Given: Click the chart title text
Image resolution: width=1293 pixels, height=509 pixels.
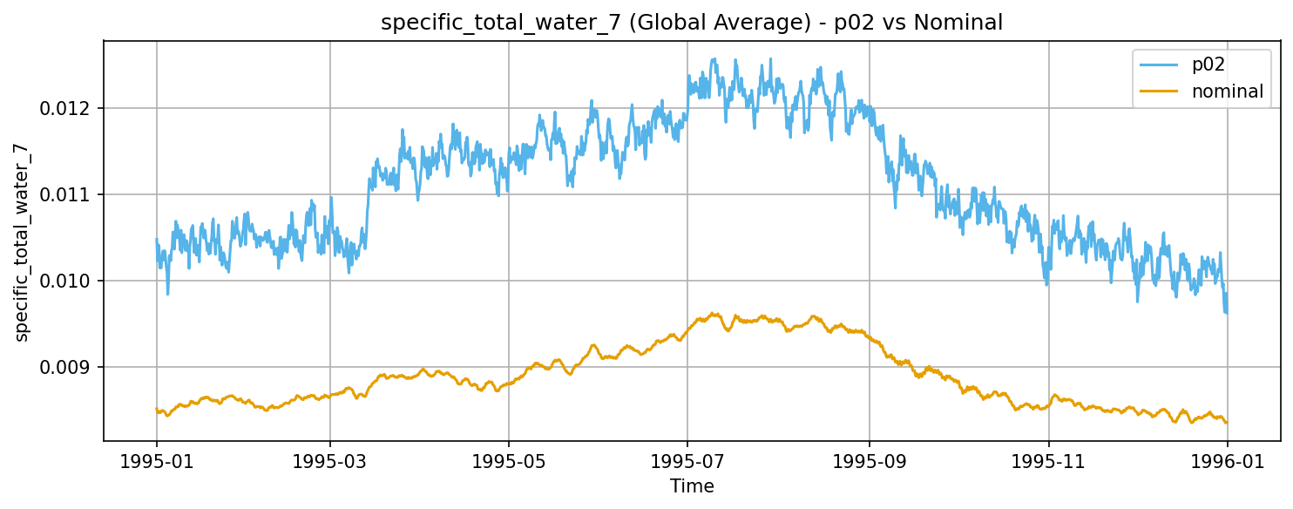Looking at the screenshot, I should [692, 23].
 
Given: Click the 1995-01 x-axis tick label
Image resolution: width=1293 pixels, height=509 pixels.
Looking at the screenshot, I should [157, 461].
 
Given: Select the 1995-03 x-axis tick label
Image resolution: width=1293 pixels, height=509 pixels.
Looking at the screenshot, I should [330, 461].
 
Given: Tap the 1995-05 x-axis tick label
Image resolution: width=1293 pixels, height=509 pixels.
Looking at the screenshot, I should [509, 461].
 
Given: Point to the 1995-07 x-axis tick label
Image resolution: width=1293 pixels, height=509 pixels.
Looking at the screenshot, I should [687, 461].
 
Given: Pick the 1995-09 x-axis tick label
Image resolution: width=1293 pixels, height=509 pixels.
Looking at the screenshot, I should [870, 461].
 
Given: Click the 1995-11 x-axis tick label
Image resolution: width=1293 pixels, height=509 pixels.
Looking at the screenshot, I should [1049, 461].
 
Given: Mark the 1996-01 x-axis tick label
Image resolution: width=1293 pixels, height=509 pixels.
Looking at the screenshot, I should [1227, 461].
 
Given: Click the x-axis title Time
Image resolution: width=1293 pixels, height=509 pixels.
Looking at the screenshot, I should [692, 486].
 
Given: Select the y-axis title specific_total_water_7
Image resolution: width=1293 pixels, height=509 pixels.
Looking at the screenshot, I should [23, 241].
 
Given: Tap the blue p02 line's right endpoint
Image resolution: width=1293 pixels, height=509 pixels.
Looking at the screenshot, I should [1227, 312].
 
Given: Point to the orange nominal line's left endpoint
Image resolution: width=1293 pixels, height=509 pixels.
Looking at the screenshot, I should [157, 409].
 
